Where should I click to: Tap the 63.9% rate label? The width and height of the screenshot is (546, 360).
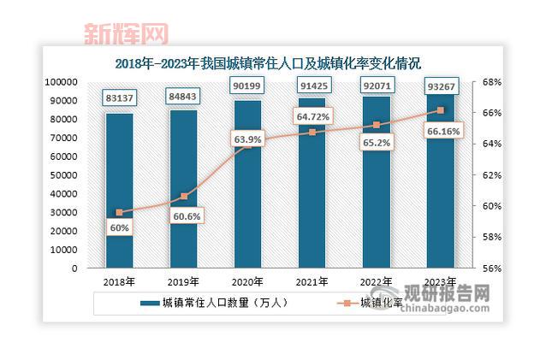coord(247,138)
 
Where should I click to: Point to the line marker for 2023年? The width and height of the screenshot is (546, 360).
coord(440,110)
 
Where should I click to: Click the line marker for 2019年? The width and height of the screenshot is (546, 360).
coord(183,197)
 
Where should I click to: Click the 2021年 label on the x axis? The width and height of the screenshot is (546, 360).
coord(312,281)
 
